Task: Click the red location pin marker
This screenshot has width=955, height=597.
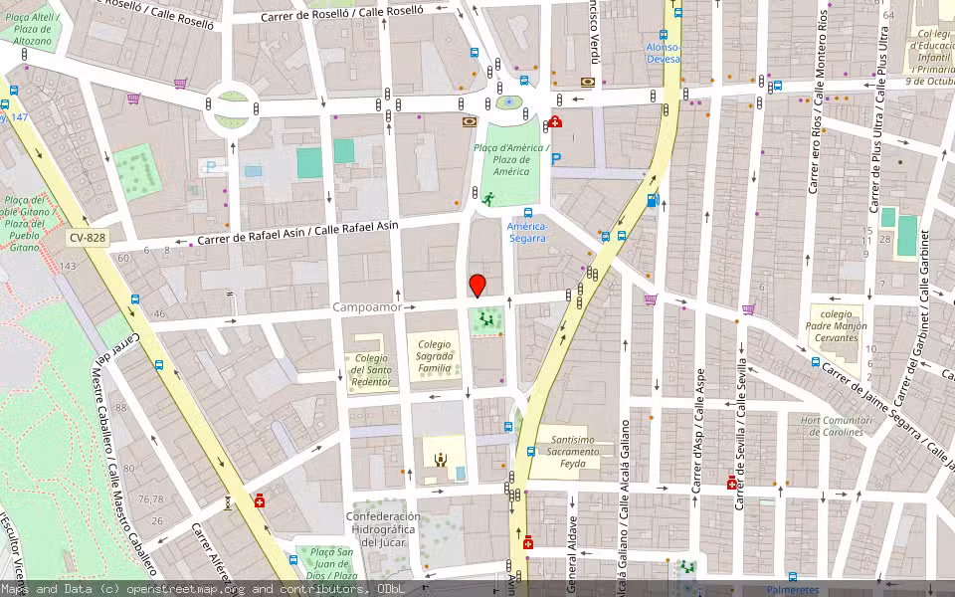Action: pos(477,285)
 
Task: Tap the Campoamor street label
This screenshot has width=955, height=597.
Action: pos(367,308)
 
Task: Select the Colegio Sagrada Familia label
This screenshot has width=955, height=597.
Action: pos(434,356)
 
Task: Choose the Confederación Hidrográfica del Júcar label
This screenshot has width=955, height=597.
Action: pos(383,529)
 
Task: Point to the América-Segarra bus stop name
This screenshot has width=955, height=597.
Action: pos(526,232)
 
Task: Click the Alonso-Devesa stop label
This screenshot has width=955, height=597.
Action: pos(664,53)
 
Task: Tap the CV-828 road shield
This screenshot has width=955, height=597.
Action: pos(89,238)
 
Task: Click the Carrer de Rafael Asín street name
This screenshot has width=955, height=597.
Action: pos(297,233)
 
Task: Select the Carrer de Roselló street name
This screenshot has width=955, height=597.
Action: pos(342,14)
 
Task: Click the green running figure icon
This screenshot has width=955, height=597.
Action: pos(488,199)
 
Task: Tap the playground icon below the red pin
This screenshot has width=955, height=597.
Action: pos(486,319)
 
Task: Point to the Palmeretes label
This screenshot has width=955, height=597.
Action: pos(792,590)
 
